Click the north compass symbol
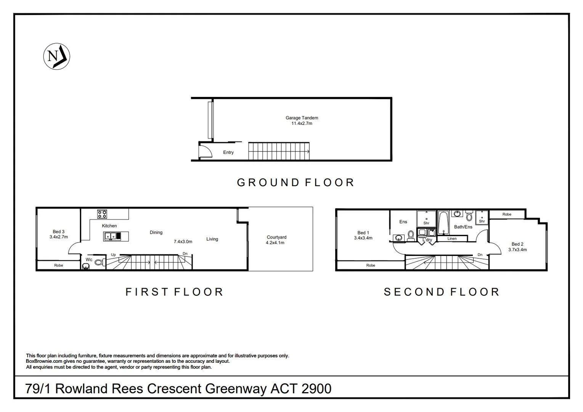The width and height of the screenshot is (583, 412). [56, 56]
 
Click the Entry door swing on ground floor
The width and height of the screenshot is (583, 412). [206, 150]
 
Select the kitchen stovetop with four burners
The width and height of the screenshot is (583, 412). [102, 214]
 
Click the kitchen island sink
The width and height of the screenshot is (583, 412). [111, 237]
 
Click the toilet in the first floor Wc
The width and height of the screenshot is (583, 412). [99, 262]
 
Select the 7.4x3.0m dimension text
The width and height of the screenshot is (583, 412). [183, 241]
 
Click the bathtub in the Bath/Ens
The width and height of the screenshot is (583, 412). [443, 222]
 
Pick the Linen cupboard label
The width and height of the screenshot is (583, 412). [452, 239]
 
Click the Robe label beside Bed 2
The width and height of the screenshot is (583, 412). [507, 214]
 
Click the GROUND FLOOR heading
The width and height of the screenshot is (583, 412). [296, 183]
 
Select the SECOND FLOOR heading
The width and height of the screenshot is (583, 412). [442, 292]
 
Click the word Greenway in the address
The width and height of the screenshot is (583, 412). [236, 389]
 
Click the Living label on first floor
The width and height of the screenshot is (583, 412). [212, 239]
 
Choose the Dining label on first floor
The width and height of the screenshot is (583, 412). [156, 232]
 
